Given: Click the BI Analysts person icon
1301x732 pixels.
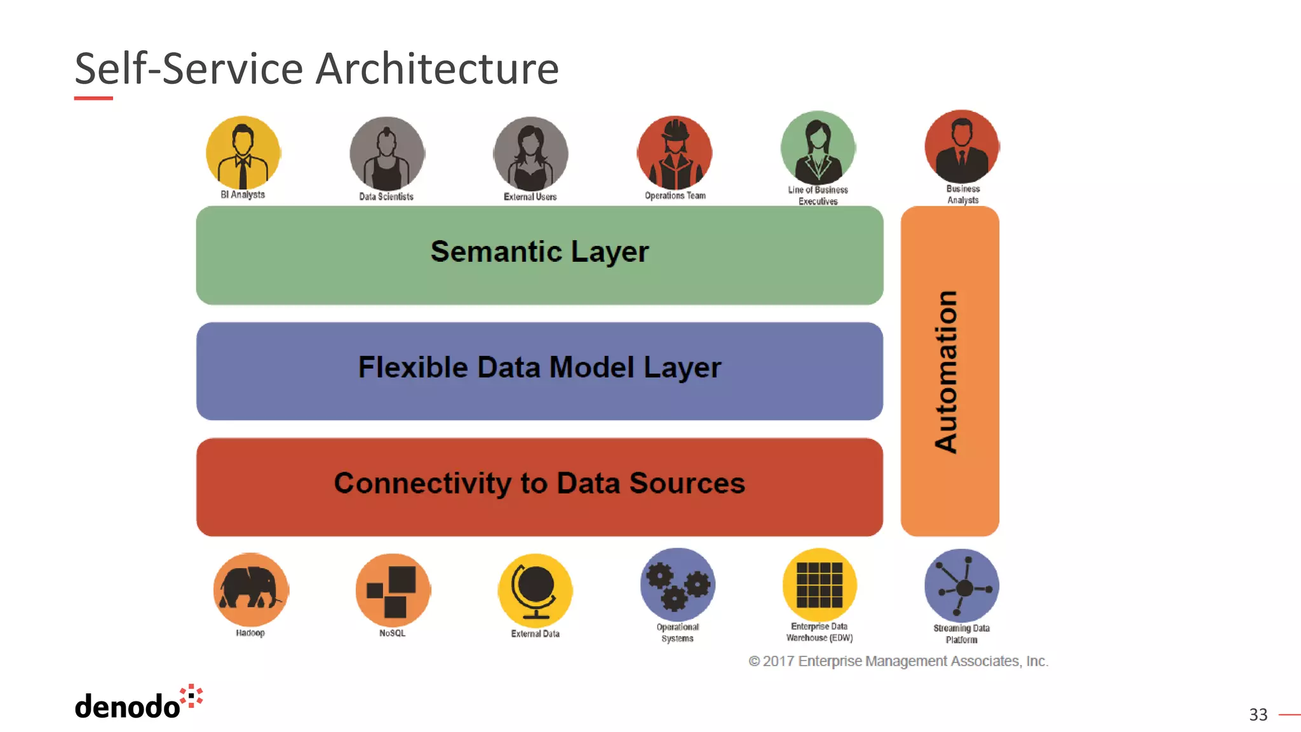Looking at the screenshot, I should [x=243, y=152].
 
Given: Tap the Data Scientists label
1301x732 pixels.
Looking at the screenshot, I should [x=386, y=197].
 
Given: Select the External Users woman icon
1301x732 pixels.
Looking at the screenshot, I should [x=531, y=154].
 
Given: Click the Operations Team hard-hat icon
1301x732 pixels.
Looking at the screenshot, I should [x=675, y=153].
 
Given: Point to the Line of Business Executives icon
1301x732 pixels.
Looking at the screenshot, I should [x=818, y=147].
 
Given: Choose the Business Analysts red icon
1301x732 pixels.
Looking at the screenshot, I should [x=962, y=147].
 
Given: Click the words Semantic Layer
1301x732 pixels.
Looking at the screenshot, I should [x=539, y=252].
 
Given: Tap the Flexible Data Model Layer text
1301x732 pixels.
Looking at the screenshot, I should [x=539, y=367].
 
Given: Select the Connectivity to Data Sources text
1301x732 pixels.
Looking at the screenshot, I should [x=539, y=483].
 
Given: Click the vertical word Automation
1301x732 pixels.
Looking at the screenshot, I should [x=947, y=372].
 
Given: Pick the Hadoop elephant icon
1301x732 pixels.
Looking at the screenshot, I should [x=251, y=590].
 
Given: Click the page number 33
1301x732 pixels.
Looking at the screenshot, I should [x=1258, y=715].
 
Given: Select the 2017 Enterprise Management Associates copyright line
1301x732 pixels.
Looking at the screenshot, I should [x=898, y=661].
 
